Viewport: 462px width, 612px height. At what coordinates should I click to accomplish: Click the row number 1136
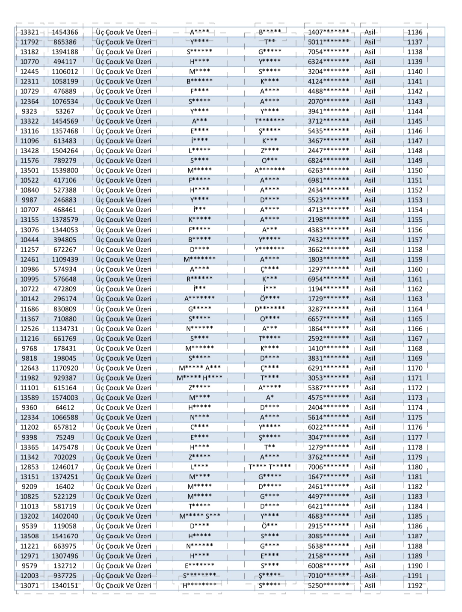click(415, 32)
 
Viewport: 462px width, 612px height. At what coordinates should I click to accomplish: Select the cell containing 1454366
click(65, 32)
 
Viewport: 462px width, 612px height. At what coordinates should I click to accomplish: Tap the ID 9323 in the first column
click(29, 111)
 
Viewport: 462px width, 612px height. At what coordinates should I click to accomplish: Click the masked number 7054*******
click(328, 52)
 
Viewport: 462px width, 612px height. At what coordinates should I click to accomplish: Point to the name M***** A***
click(200, 368)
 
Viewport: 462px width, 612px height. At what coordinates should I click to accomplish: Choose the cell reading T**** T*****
click(269, 467)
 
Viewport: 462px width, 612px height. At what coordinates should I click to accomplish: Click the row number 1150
click(415, 170)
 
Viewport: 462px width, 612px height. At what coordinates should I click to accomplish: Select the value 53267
click(65, 111)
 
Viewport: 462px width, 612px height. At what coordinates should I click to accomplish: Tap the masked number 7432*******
click(328, 240)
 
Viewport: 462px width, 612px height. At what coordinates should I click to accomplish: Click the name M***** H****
click(200, 378)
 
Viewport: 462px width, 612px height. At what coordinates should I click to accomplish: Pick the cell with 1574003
click(65, 398)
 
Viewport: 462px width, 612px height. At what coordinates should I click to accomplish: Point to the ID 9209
click(29, 487)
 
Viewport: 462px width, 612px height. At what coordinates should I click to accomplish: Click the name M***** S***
click(200, 516)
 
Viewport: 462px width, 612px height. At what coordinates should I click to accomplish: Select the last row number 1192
click(415, 585)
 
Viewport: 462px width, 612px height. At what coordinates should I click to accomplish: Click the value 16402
click(65, 487)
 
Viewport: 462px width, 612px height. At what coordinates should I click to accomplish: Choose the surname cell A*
click(269, 398)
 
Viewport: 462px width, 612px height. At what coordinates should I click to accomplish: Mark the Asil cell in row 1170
click(370, 368)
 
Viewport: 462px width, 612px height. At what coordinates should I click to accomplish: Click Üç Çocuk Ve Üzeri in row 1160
click(124, 269)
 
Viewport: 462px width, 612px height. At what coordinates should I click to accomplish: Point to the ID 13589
click(29, 398)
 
